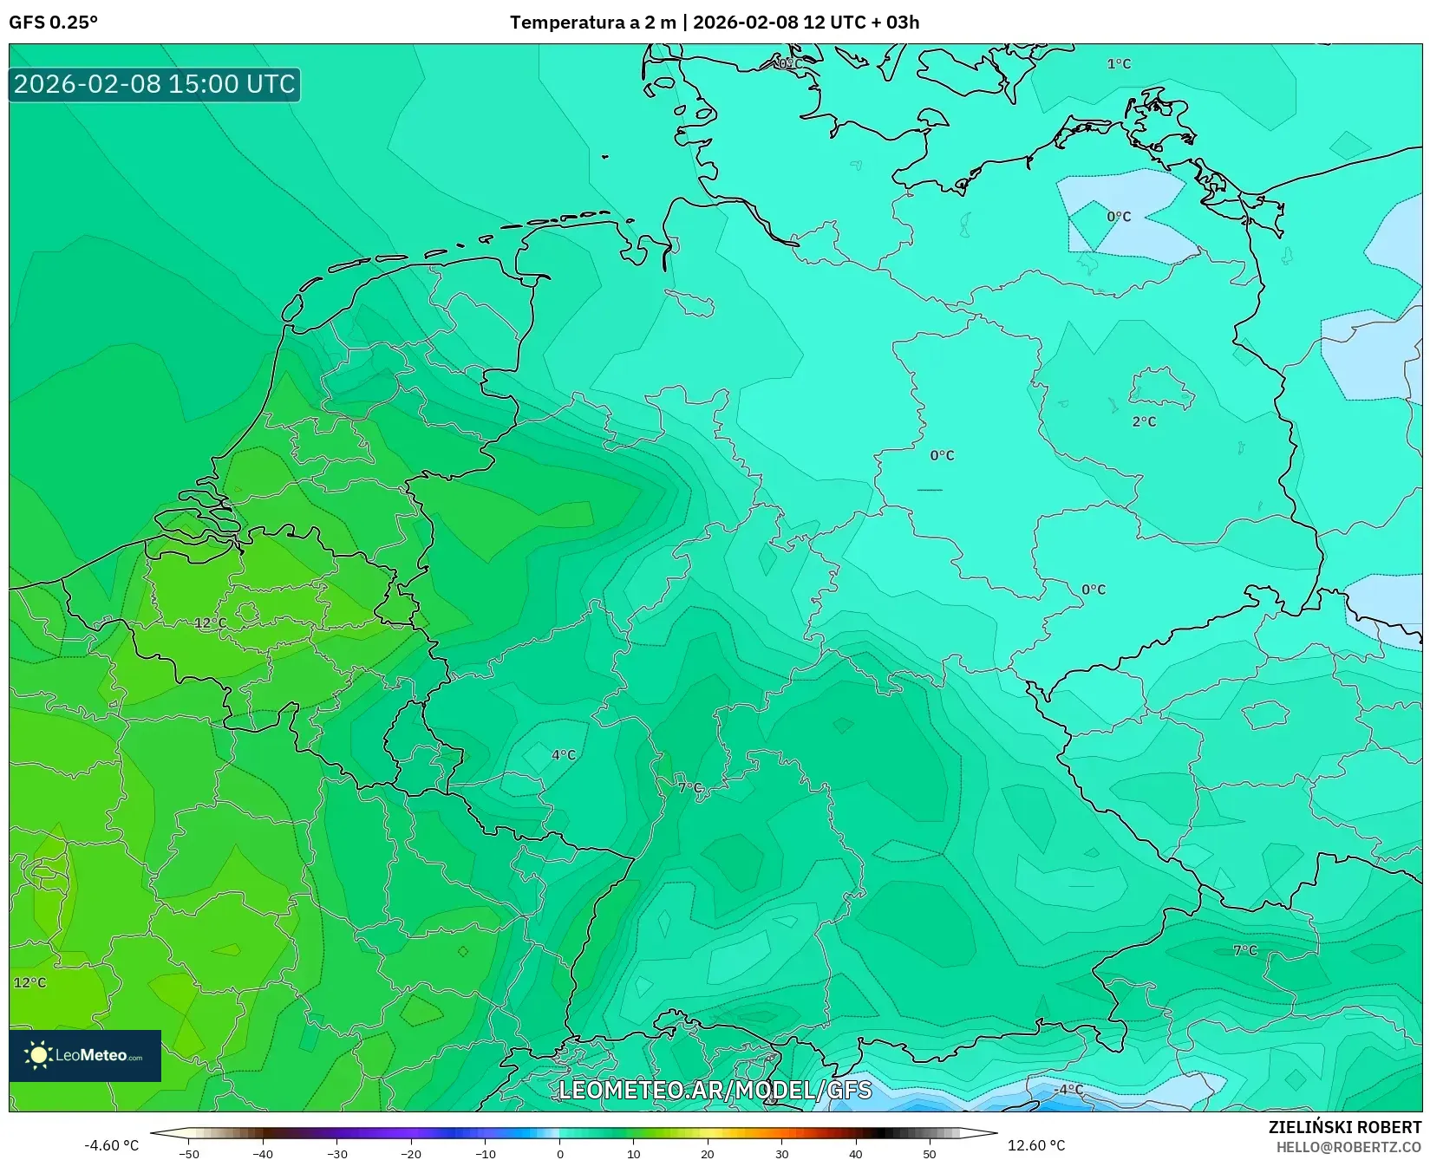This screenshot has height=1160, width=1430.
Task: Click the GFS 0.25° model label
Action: pos(54,23)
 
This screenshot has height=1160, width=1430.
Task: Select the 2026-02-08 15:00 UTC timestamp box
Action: pos(154,85)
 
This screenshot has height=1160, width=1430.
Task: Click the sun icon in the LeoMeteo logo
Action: pos(39,1055)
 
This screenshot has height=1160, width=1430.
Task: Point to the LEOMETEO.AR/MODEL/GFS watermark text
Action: pos(715,1090)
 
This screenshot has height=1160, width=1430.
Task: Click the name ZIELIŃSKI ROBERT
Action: pos(1345,1128)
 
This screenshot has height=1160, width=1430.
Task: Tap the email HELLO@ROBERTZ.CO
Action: pos(1348,1147)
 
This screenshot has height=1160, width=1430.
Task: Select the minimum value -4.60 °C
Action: pos(111,1146)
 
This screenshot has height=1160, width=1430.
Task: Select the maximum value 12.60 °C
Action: pos(1036,1146)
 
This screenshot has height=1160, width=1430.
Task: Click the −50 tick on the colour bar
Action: pos(189,1154)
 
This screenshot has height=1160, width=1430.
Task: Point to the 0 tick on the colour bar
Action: pos(560,1154)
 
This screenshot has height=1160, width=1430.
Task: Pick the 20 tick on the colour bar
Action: pos(708,1154)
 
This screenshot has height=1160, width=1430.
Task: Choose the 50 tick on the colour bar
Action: pos(930,1154)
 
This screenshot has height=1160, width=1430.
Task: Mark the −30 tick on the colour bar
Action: pos(337,1154)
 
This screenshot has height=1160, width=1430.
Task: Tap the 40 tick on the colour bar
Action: pos(856,1154)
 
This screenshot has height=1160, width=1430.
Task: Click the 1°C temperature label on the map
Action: pos(1119,64)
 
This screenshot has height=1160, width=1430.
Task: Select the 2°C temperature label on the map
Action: pos(1144,422)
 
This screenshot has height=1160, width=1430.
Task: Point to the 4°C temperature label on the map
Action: pos(564,755)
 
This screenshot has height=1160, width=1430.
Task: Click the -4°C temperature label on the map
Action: pos(1069,1090)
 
